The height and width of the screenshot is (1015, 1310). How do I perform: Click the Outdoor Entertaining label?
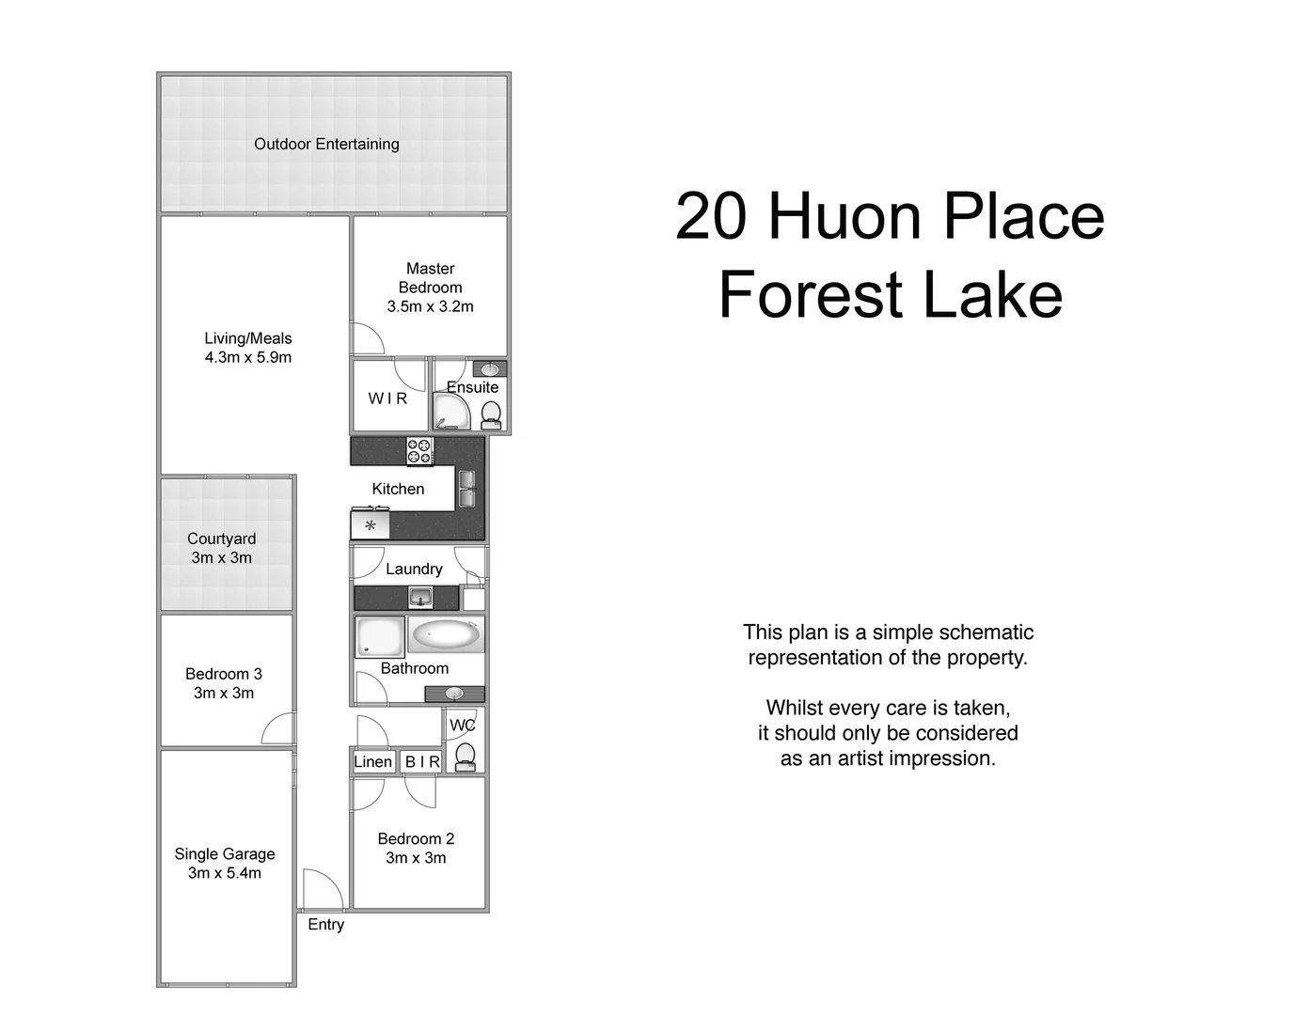click(326, 144)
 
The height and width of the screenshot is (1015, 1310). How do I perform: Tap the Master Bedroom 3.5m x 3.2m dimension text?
click(430, 306)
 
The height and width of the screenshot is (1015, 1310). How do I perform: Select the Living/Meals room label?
click(248, 338)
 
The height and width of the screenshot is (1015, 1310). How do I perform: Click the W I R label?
click(387, 398)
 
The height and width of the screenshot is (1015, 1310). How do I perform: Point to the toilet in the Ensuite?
click(491, 414)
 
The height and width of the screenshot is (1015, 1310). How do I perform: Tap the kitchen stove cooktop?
click(419, 451)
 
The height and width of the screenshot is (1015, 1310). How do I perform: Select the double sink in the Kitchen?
click(466, 489)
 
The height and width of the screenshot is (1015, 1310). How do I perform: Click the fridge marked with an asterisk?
click(371, 525)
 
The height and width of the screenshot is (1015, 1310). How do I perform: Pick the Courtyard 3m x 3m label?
click(221, 548)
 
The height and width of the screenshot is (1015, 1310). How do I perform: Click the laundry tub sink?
click(420, 597)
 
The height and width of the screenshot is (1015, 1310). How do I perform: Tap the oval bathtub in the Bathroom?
click(446, 635)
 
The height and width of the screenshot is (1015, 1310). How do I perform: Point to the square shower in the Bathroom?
click(380, 636)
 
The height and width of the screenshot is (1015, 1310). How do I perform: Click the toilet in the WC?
click(465, 756)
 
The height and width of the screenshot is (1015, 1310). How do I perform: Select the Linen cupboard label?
click(372, 761)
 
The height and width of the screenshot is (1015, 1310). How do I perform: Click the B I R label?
click(422, 761)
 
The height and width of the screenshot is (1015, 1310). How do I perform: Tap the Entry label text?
click(325, 925)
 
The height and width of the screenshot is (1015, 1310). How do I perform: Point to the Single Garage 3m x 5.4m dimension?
click(225, 873)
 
